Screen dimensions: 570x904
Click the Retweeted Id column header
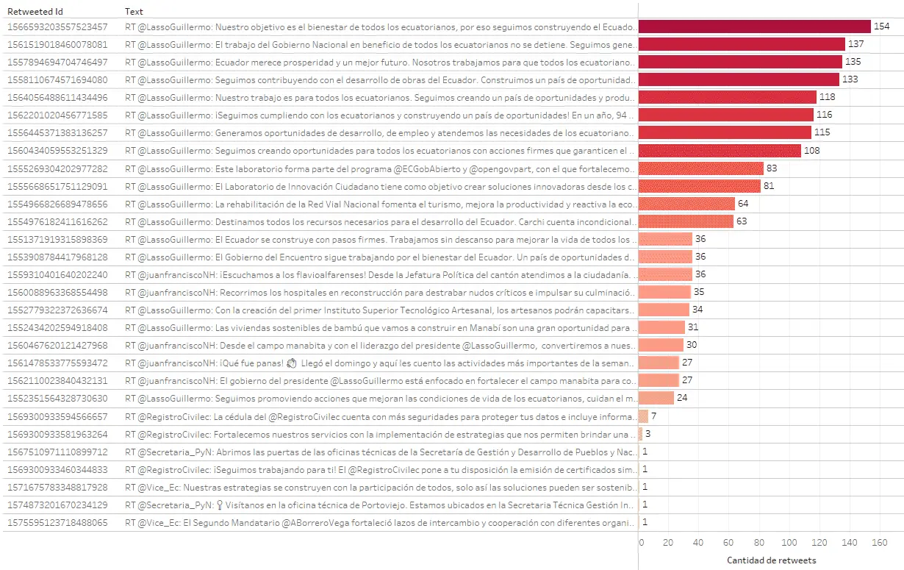35,12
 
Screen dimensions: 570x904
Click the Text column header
134,12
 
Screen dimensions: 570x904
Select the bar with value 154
754,26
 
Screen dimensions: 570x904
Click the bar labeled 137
742,44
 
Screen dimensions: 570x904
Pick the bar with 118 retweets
728,97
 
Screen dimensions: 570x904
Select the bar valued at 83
701,168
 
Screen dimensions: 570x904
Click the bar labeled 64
686,204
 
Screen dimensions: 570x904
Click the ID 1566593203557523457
57,26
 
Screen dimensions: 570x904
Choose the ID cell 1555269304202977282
57,168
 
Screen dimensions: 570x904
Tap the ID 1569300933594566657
57,416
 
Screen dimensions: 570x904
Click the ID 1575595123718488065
57,522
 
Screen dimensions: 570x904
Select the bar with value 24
656,398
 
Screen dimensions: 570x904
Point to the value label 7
653,416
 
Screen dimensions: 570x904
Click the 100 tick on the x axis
789,543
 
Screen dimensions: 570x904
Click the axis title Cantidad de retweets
771,560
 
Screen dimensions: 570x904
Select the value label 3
647,434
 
